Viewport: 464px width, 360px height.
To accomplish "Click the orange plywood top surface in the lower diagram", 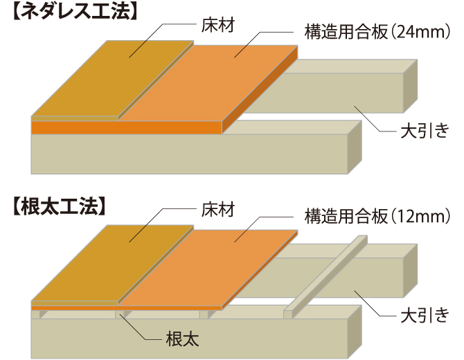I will tap(222, 263).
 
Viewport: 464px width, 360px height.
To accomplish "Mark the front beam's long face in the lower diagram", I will tap(187, 338).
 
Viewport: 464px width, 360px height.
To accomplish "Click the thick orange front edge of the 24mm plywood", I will tap(125, 128).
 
